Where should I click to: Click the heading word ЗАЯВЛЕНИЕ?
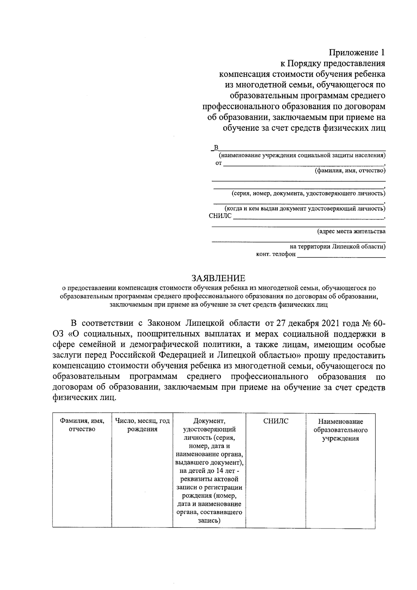(219, 278)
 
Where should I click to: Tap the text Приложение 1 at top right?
(357, 53)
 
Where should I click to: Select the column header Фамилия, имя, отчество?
(82, 425)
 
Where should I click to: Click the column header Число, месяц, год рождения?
(142, 425)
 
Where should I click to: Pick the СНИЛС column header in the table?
(276, 421)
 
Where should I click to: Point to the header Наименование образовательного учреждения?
(341, 430)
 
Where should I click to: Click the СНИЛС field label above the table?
(220, 216)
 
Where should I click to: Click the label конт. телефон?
(276, 254)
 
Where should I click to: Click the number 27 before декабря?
(280, 323)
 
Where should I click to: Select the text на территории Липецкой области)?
(337, 247)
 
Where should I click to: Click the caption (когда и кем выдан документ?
(305, 208)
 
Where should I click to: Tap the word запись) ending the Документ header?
(209, 521)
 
